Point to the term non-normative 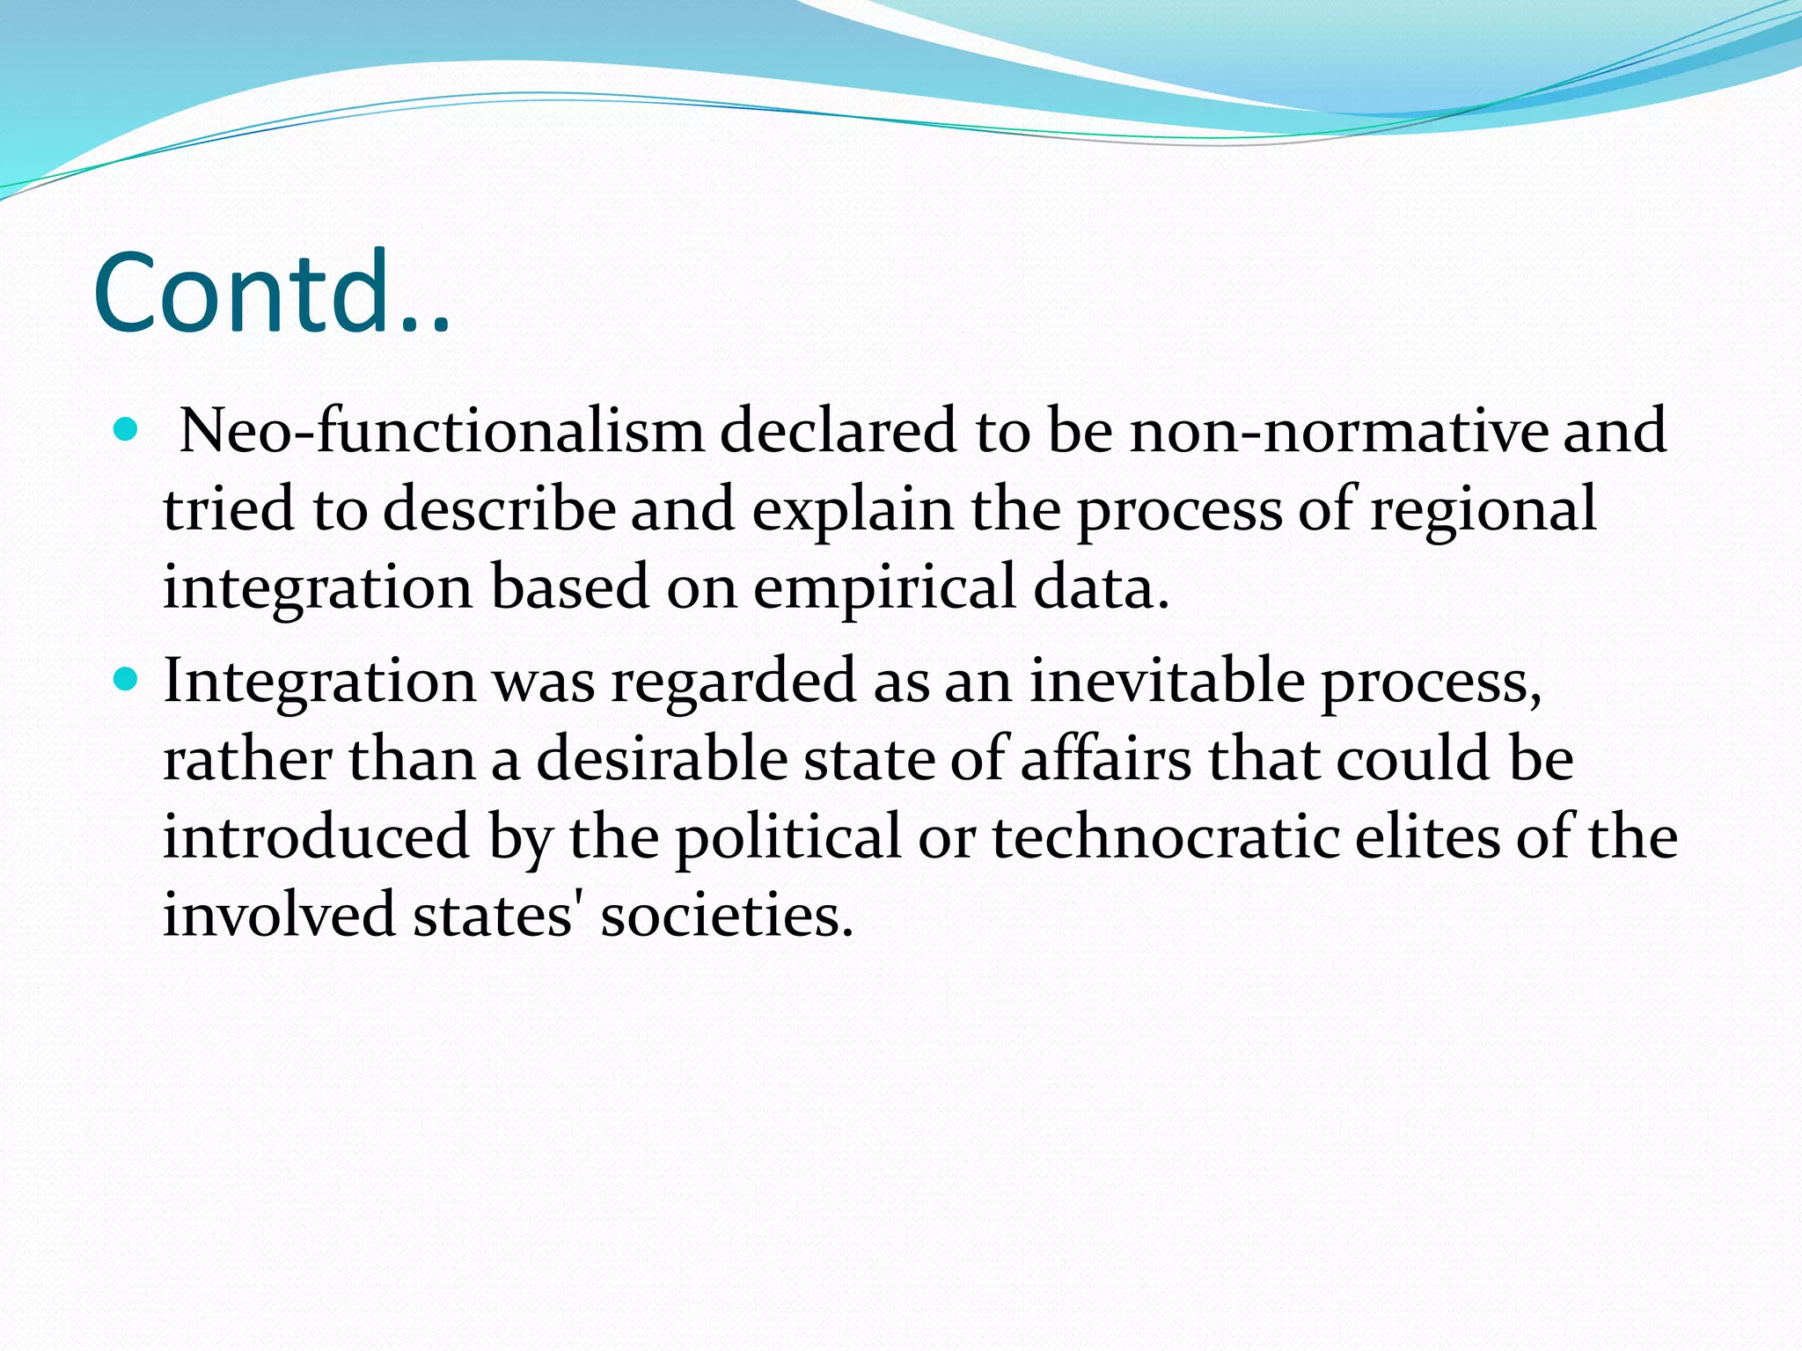[1337, 431]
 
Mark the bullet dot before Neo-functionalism [127, 430]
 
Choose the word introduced [316, 836]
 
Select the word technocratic [1166, 836]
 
